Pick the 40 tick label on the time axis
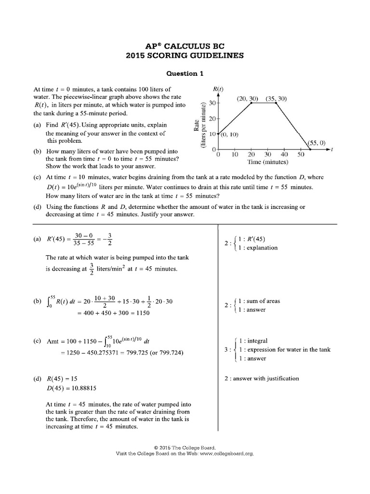[x=284, y=155]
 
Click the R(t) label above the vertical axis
[x=218, y=89]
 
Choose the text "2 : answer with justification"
[x=262, y=379]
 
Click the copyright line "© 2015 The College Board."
[x=185, y=448]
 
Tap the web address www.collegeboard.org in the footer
[x=226, y=454]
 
